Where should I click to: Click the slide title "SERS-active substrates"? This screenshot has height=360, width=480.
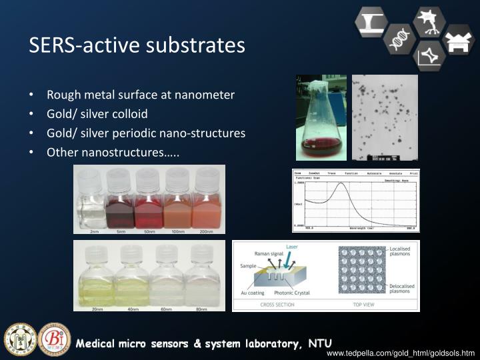pyautogui.click(x=137, y=45)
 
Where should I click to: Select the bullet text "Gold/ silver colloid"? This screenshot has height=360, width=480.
pyautogui.click(x=97, y=113)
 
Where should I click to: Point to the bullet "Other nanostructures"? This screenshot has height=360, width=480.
pyautogui.click(x=113, y=152)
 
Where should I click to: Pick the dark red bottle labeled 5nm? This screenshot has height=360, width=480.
pyautogui.click(x=120, y=200)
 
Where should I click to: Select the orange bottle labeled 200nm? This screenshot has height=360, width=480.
pyautogui.click(x=206, y=200)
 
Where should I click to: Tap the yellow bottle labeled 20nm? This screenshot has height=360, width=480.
pyautogui.click(x=97, y=277)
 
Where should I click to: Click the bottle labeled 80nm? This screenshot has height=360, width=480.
pyautogui.click(x=201, y=277)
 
